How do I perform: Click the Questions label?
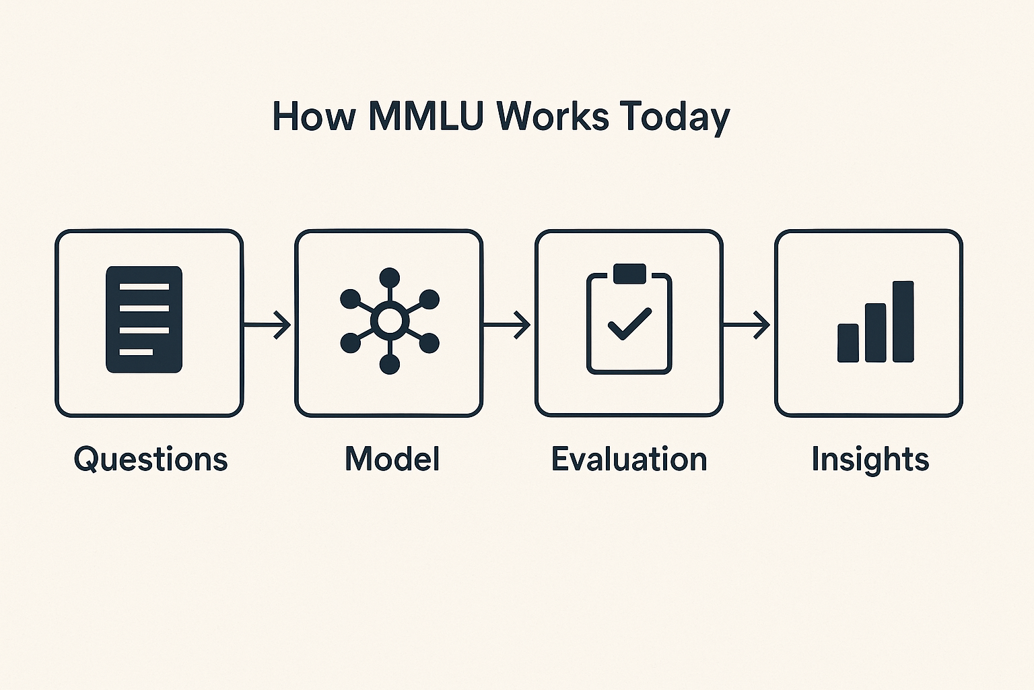pos(151,460)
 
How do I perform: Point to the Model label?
pos(392,458)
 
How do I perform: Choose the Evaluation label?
pos(629,458)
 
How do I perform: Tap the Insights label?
pos(870,460)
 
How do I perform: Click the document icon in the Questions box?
pos(144,319)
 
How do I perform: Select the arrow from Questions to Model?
pos(267,325)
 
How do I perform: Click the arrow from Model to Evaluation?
pos(507,325)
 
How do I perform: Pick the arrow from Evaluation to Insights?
pos(747,325)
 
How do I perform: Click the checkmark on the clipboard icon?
pos(629,323)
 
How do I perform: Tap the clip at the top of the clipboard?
pos(629,274)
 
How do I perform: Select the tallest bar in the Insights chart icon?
pos(903,321)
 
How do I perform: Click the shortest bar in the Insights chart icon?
pos(848,343)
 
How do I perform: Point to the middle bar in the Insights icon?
pos(875,332)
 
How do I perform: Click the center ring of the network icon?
pos(390,320)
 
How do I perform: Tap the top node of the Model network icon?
pos(390,278)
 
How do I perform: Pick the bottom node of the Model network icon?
pos(390,364)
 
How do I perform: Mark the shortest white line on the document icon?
pos(136,352)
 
